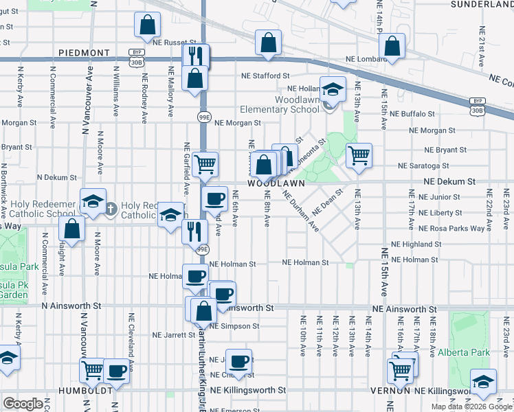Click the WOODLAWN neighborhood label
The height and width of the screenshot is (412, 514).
276,184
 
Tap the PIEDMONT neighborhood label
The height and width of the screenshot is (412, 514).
85,52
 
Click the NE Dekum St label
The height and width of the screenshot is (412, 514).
450,181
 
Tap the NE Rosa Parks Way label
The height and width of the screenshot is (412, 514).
425,228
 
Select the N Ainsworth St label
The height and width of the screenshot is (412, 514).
71,305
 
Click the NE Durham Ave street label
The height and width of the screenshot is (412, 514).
303,209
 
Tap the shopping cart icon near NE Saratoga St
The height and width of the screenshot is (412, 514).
359,154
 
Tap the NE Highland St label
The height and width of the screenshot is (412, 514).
416,244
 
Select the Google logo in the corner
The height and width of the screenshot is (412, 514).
24,404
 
